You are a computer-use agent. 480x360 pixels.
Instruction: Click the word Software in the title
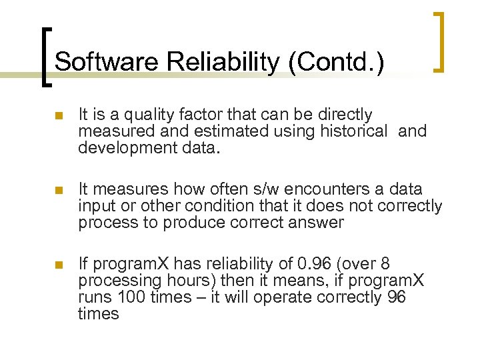106,62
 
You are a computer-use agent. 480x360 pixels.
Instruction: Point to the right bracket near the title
439,41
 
